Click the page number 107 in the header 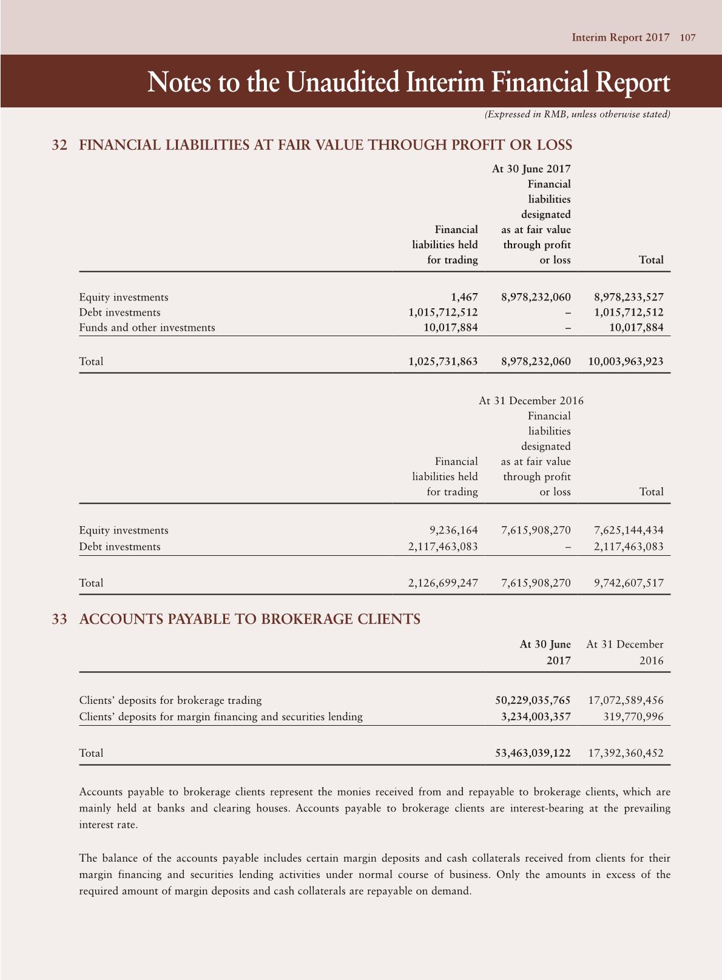(687, 38)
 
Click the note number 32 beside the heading (59, 145)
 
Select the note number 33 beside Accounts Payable (59, 620)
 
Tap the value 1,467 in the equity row (464, 297)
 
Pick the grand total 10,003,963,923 (626, 362)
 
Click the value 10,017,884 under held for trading (450, 328)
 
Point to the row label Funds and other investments (147, 328)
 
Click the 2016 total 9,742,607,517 (629, 583)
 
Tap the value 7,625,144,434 (629, 530)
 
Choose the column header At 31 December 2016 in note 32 (531, 400)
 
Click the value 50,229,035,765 (533, 700)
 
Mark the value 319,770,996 (633, 717)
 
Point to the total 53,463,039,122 (533, 753)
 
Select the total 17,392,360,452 (626, 753)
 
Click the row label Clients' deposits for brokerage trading (170, 700)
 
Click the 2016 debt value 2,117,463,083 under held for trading (443, 547)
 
